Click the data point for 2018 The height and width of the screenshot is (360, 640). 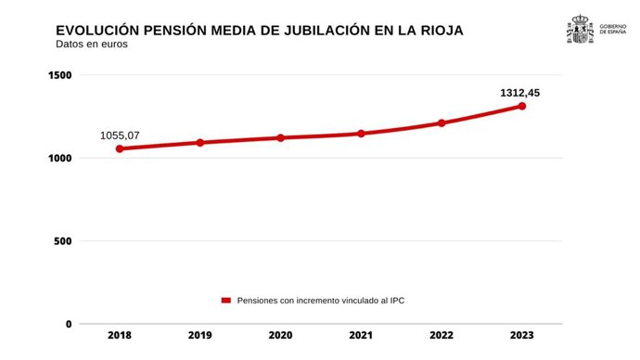(x=119, y=148)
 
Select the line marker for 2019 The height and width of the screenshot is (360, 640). (x=199, y=143)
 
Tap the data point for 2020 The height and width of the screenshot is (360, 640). (x=280, y=137)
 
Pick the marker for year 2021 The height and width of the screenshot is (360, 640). (x=361, y=134)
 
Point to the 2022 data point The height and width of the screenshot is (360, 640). (x=442, y=122)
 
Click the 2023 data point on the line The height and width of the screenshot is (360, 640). (x=522, y=106)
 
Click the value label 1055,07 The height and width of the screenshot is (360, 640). (x=119, y=135)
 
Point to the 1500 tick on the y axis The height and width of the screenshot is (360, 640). (x=59, y=75)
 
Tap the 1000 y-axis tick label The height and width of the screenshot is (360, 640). (x=59, y=159)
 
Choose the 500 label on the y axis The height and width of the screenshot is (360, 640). (x=62, y=241)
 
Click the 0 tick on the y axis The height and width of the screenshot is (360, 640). (x=68, y=324)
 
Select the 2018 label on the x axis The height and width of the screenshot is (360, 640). (x=119, y=336)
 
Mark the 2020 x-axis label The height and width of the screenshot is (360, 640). (x=280, y=336)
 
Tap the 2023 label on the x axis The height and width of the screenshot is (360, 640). (x=522, y=336)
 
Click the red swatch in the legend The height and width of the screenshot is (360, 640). (x=225, y=301)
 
